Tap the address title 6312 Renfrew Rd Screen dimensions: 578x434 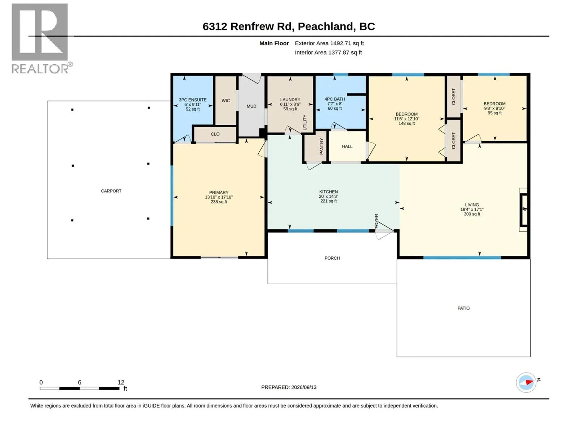tap(247, 26)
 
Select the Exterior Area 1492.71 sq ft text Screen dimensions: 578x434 tap(329, 43)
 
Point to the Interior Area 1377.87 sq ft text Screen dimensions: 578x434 tap(328, 52)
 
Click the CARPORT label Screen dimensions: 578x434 tap(111, 191)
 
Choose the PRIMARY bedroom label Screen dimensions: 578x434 tap(219, 193)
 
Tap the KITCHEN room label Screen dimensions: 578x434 tap(328, 192)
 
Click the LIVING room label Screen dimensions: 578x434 tap(472, 205)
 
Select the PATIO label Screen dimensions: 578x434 tap(463, 308)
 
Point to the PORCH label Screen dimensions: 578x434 tap(332, 258)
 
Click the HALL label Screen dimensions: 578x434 tap(347, 146)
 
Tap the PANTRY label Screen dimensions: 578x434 tap(321, 146)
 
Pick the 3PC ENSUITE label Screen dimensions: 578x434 tap(193, 100)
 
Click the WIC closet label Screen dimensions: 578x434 tap(226, 101)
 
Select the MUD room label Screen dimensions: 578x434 tap(251, 106)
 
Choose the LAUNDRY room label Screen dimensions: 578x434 tap(290, 99)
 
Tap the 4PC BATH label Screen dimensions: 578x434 tap(335, 99)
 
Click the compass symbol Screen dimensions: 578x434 tap(526, 383)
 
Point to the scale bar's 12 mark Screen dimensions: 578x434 tap(121, 382)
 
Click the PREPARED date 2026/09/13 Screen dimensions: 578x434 tap(303, 387)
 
